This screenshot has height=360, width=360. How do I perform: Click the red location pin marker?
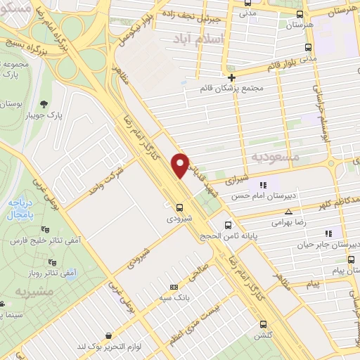coord(181,165)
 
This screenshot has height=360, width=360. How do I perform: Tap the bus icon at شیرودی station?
coord(180,207)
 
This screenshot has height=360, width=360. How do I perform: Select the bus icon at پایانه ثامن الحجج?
coord(227,226)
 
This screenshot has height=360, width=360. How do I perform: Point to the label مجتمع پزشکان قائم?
coord(232,88)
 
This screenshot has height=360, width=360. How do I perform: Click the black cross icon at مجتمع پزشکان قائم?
coord(231,77)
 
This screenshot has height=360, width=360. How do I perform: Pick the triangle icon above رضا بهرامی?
coord(287,212)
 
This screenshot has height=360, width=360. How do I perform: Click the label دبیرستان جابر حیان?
coord(330,244)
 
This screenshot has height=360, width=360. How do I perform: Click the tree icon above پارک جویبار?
coord(46,103)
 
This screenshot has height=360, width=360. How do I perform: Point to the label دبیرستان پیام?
coord(335,269)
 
